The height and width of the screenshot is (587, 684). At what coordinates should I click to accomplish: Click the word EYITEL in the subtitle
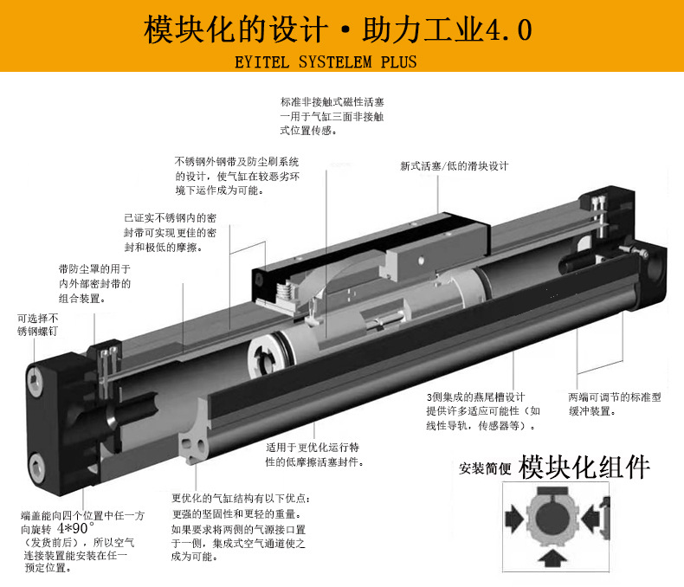coord(261,62)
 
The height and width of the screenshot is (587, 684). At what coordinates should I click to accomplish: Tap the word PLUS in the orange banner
coord(398,62)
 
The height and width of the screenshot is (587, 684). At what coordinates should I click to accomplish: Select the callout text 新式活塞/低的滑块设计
coord(454,165)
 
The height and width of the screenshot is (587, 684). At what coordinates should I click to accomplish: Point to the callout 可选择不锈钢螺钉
coord(37,325)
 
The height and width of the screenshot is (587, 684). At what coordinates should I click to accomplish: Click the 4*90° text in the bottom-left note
coord(75,528)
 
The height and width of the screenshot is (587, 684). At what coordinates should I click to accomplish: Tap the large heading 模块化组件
coord(584,467)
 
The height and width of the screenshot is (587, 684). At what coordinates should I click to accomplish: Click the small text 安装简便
coord(485,468)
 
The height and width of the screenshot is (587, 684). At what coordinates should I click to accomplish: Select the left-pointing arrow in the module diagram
coord(590,519)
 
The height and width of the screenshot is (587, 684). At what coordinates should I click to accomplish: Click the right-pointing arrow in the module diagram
coord(514,519)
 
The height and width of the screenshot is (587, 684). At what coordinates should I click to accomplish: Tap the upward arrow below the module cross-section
coord(552,558)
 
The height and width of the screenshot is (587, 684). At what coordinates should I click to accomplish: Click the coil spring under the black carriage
coord(286,291)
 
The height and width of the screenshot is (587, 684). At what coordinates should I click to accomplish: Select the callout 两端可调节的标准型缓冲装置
coord(614,403)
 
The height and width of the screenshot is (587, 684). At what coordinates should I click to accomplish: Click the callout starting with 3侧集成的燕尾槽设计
coord(483,411)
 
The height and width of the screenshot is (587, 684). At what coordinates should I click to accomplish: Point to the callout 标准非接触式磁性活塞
coord(332,116)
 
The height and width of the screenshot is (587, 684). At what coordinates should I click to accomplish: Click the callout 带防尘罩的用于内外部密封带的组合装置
coord(94,283)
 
